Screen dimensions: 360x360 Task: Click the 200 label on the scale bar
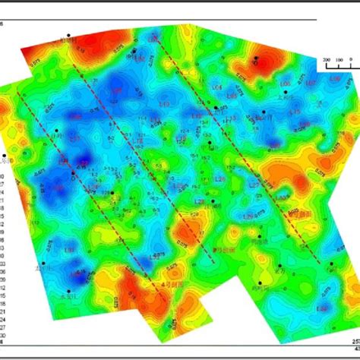tap(326, 58)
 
